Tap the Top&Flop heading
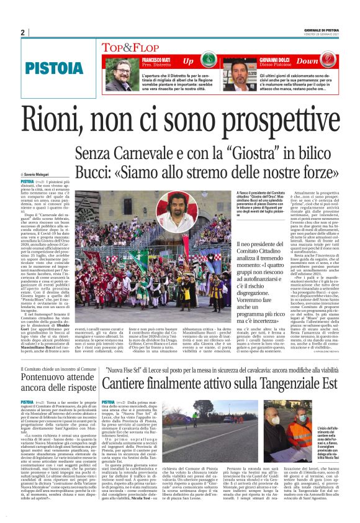[127, 47]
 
